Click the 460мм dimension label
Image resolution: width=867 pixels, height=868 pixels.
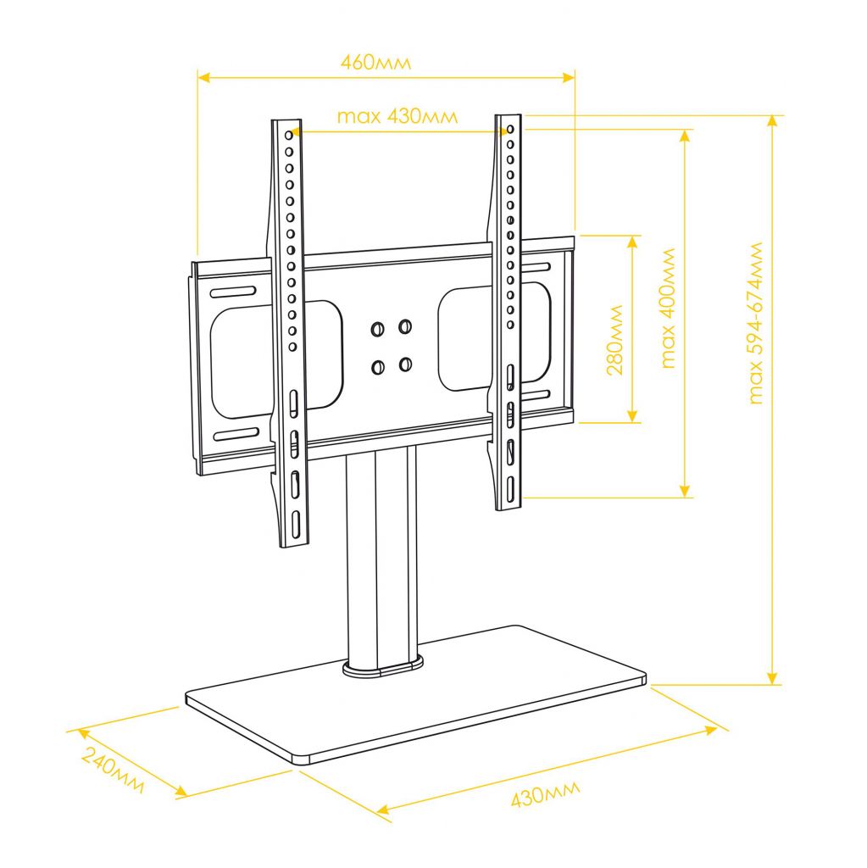click(x=376, y=62)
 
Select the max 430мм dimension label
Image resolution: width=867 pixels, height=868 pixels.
click(x=397, y=117)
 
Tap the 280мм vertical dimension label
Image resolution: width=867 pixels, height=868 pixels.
click(x=615, y=340)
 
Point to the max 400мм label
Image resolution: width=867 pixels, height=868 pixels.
click(x=669, y=309)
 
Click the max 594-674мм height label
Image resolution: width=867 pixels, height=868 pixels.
click(x=755, y=323)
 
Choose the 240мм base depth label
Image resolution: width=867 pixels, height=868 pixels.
click(x=114, y=770)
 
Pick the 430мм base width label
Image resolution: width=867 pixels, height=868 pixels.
click(x=545, y=793)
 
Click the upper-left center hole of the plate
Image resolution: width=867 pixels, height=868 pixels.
click(x=378, y=330)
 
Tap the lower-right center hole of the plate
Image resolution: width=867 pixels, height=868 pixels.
click(x=405, y=364)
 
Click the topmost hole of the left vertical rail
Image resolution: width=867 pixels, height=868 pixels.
click(x=288, y=135)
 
